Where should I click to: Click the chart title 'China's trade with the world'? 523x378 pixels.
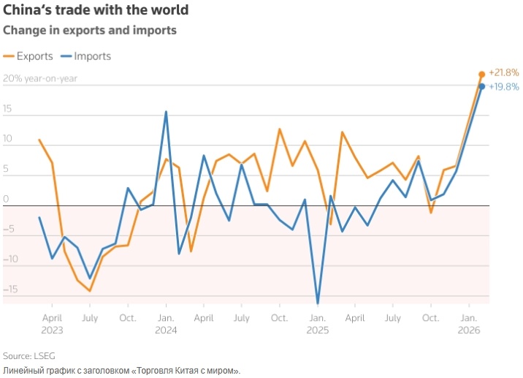[96, 10]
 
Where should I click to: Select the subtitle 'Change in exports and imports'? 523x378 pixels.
[90, 31]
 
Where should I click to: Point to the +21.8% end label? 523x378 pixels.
[503, 72]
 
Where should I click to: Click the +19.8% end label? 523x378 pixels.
[503, 86]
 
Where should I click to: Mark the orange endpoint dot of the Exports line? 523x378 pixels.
[481, 74]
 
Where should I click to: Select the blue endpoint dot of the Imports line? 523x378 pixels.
[481, 86]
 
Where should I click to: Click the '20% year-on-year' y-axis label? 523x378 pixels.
[40, 78]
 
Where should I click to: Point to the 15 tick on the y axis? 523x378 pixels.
[8, 108]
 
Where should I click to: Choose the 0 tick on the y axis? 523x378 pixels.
[6, 198]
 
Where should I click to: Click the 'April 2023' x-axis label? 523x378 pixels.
[52, 324]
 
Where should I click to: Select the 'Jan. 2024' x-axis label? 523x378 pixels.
[166, 324]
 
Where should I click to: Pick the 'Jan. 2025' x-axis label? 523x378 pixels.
[318, 324]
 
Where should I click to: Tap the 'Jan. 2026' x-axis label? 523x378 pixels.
[469, 324]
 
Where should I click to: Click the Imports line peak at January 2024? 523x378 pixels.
[166, 112]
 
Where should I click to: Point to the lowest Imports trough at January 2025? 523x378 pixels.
[318, 303]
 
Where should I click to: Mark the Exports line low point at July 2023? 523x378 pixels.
[90, 291]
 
